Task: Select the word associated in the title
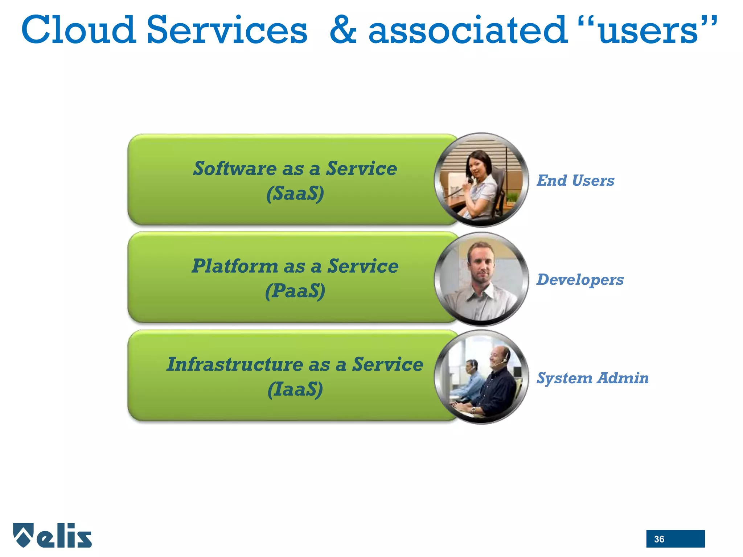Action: tap(468, 30)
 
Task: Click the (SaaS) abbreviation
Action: tap(295, 193)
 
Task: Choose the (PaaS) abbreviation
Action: tap(295, 291)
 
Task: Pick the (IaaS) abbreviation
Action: tap(295, 389)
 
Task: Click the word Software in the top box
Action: tap(234, 169)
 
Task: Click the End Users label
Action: tap(575, 181)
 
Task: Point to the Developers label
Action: tap(580, 280)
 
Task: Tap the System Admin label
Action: tap(592, 378)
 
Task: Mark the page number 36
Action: tap(659, 539)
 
